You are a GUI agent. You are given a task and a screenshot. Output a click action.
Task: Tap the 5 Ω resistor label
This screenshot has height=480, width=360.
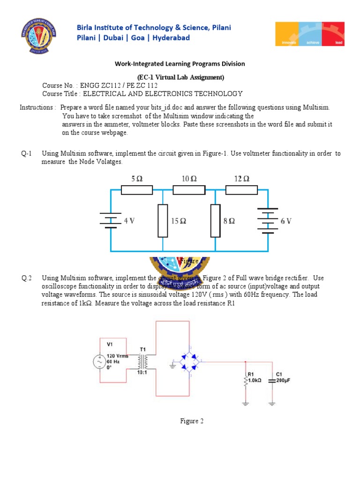click(136, 179)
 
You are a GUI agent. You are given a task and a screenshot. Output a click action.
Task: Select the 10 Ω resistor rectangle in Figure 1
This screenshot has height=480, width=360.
click(189, 189)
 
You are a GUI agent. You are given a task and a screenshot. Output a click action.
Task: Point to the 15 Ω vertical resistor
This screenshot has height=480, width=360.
click(163, 220)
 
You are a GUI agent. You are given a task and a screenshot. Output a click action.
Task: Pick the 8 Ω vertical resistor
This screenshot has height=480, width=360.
click(215, 220)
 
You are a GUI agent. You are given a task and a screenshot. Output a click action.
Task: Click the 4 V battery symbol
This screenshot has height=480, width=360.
click(111, 220)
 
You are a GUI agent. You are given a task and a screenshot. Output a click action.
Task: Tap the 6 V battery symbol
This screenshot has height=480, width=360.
click(268, 220)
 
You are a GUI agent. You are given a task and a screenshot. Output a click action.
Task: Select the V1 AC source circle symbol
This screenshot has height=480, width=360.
click(100, 362)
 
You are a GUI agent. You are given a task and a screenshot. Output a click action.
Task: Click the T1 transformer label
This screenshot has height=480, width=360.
click(143, 349)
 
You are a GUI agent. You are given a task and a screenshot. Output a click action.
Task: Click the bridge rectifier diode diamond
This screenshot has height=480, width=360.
click(190, 361)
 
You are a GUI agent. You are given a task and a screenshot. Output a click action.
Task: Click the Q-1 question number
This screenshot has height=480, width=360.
click(26, 153)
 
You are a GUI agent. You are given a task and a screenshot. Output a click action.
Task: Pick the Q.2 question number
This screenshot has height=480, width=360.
click(26, 278)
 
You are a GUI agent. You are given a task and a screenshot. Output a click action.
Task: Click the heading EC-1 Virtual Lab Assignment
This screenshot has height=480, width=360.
click(180, 77)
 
